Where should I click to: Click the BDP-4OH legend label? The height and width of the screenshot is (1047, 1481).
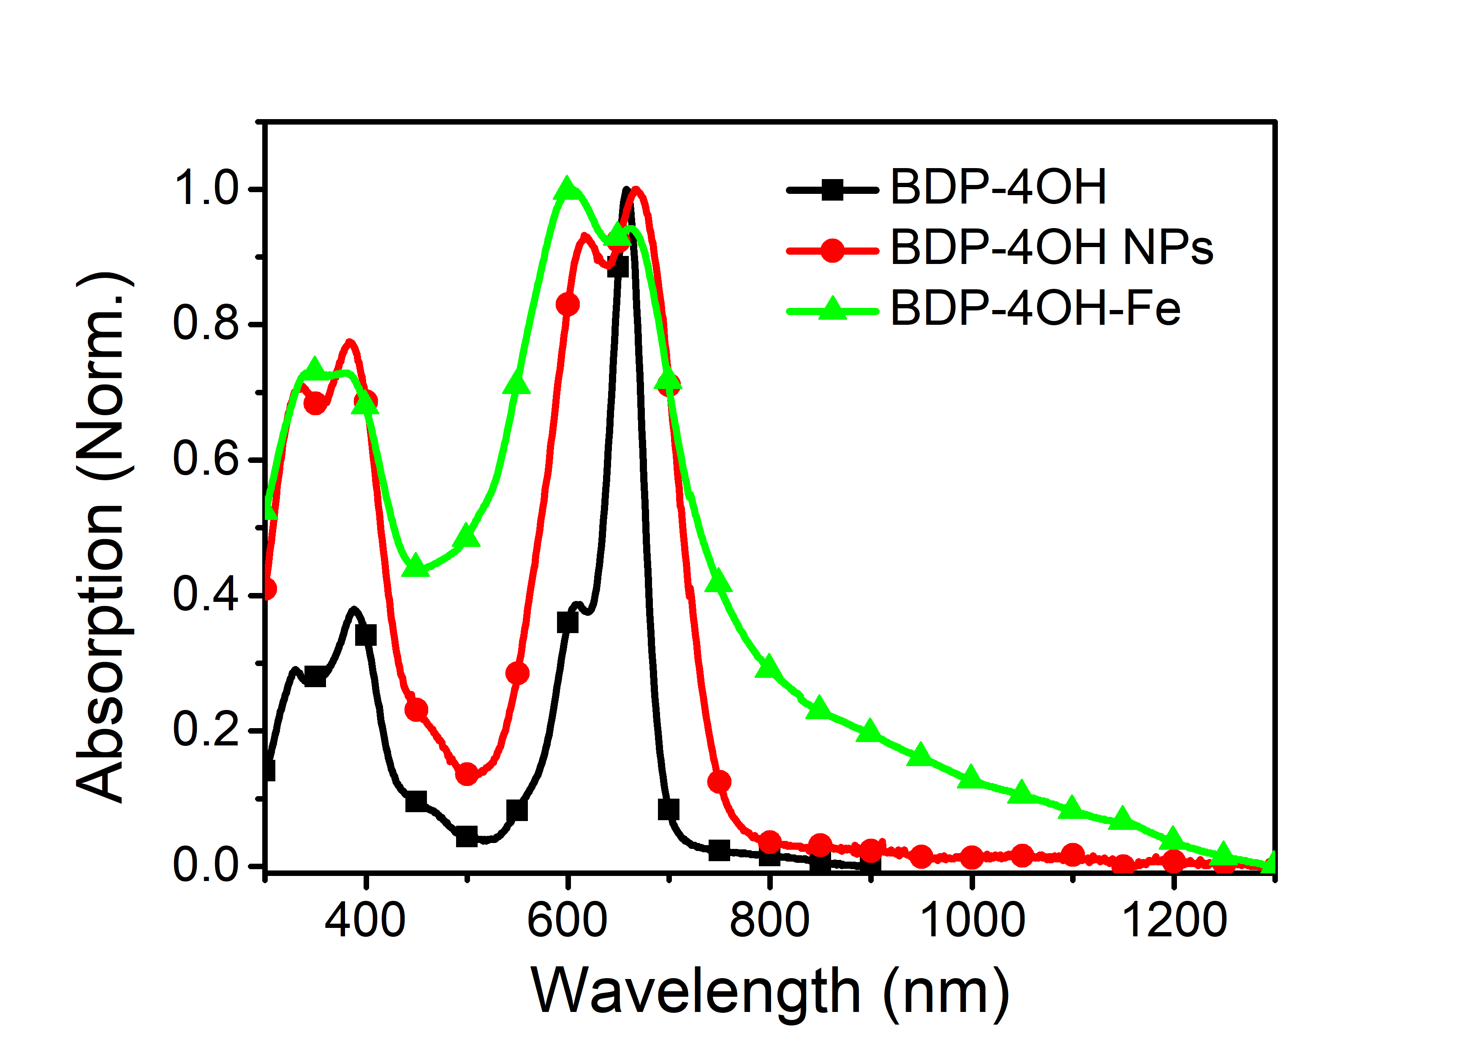pyautogui.click(x=998, y=188)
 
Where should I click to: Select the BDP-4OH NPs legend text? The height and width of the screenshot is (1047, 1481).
pyautogui.click(x=1052, y=248)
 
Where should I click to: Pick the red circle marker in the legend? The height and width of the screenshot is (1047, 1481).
pyautogui.click(x=833, y=250)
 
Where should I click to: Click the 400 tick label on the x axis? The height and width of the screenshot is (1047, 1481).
pyautogui.click(x=365, y=921)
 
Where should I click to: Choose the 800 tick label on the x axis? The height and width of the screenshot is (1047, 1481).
pyautogui.click(x=769, y=921)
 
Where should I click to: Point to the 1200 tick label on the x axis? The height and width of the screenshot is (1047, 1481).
pyautogui.click(x=1174, y=921)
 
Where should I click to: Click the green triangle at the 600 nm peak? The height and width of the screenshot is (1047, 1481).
pyautogui.click(x=568, y=188)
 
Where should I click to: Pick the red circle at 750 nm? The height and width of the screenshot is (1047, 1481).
pyautogui.click(x=719, y=782)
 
